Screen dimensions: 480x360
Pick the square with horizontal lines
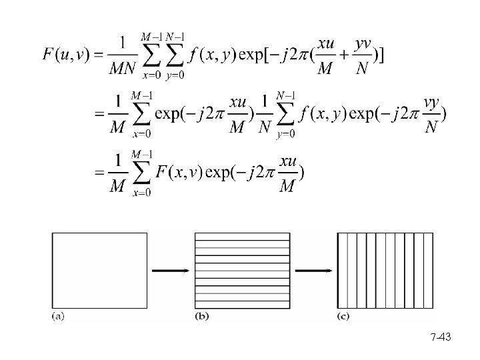(242, 270)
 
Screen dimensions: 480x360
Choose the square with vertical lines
(386, 270)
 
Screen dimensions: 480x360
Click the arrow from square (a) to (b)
(170, 271)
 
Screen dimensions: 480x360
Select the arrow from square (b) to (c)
(314, 271)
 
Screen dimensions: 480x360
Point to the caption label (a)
(58, 316)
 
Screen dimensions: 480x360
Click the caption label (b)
(201, 316)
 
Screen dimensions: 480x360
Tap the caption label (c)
(344, 316)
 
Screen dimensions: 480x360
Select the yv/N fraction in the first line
(362, 55)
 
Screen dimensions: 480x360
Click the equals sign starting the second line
(100, 114)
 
